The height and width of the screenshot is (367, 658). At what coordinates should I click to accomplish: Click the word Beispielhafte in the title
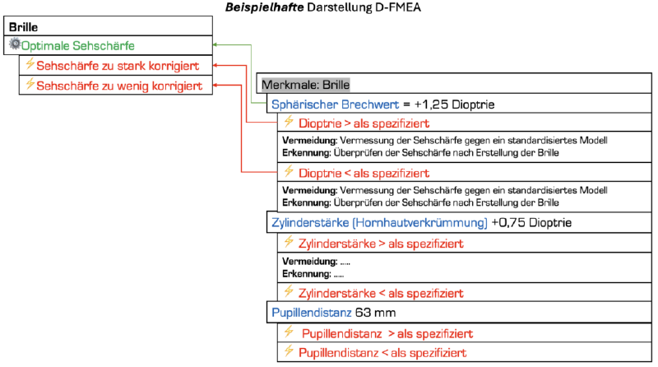click(x=264, y=7)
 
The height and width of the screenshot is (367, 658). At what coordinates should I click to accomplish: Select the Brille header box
click(x=108, y=26)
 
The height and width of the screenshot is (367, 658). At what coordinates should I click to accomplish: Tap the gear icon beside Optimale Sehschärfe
click(x=15, y=44)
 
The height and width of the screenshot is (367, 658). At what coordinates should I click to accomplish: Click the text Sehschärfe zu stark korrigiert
click(x=118, y=66)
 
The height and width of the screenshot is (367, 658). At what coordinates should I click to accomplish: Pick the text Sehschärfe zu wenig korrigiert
click(x=119, y=86)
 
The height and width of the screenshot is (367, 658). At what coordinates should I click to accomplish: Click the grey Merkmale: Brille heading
click(x=305, y=85)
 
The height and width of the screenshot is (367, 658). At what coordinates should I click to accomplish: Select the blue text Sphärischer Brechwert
click(x=335, y=105)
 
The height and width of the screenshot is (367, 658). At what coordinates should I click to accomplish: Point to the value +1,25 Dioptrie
click(x=455, y=105)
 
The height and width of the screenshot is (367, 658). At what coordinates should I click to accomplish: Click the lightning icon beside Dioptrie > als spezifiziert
click(x=289, y=122)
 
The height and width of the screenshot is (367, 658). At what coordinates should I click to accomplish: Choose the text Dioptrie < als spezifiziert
click(x=364, y=174)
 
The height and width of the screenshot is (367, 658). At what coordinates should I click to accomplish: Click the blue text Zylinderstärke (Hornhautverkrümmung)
click(x=379, y=222)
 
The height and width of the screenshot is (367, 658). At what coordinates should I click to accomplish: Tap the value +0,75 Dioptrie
click(x=531, y=222)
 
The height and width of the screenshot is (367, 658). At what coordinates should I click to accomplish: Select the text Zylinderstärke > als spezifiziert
click(x=381, y=244)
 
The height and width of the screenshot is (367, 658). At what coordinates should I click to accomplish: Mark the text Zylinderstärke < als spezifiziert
click(x=381, y=294)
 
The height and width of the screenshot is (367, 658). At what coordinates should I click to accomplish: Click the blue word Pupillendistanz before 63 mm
click(x=312, y=313)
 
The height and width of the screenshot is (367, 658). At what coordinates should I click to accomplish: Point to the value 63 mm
click(x=375, y=313)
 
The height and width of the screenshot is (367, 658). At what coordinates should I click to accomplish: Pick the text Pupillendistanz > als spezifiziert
click(x=387, y=334)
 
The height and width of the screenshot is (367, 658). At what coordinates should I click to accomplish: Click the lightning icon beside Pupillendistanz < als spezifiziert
click(x=289, y=351)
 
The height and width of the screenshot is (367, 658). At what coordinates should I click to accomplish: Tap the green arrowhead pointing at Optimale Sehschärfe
click(x=215, y=44)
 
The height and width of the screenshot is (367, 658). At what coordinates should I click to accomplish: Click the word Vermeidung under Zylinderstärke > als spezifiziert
click(x=310, y=262)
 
